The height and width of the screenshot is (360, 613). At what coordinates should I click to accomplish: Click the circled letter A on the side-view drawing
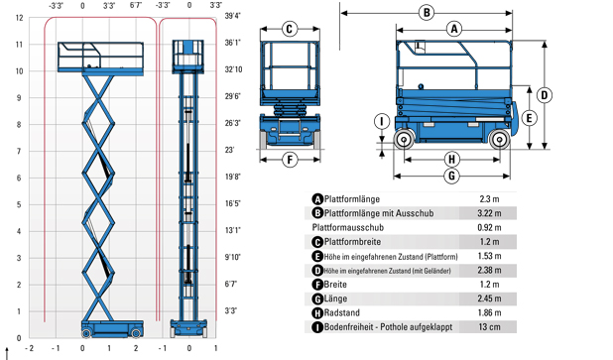click(x=453, y=29)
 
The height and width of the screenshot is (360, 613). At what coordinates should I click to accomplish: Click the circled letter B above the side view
click(x=426, y=12)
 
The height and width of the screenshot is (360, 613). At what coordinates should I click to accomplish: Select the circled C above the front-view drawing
click(x=290, y=29)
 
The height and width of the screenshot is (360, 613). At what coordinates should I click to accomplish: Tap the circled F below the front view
click(x=290, y=158)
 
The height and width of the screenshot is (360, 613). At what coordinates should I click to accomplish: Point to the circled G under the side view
click(x=452, y=176)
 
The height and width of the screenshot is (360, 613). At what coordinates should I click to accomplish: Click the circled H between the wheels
click(x=452, y=159)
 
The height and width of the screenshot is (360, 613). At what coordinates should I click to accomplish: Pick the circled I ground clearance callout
click(x=381, y=122)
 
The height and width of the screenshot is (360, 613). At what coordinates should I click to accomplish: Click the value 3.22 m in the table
click(x=489, y=213)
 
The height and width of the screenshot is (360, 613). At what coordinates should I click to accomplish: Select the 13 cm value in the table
click(x=489, y=326)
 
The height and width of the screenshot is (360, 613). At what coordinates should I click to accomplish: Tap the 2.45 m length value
click(x=489, y=298)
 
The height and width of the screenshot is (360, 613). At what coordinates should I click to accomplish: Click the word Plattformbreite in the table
click(x=358, y=241)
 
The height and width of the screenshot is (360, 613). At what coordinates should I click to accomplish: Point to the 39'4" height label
click(x=233, y=17)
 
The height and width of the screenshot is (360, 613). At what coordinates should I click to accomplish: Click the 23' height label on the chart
click(x=230, y=151)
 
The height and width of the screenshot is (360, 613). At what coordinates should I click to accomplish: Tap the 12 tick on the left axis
click(x=19, y=17)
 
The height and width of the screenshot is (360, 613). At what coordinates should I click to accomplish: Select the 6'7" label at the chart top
click(x=135, y=5)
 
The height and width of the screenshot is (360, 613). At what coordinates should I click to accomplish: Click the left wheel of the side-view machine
click(x=405, y=140)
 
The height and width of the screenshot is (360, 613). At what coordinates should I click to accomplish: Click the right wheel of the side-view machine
click(x=498, y=140)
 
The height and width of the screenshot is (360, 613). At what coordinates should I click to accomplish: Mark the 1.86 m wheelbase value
click(x=489, y=312)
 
